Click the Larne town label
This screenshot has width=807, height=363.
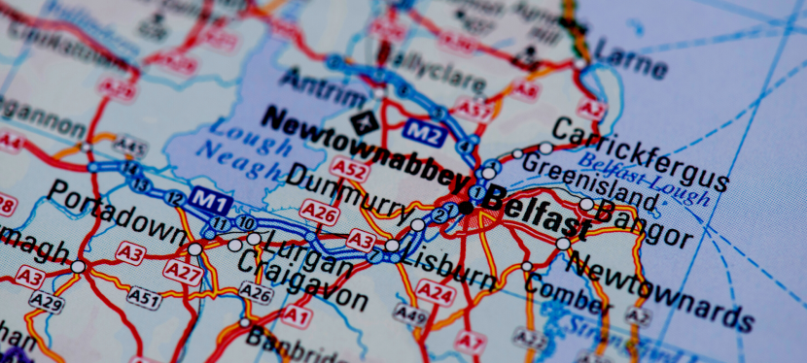(x=630, y=58)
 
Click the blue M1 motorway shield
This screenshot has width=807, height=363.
(x=209, y=198)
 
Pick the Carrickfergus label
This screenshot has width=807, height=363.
(x=639, y=154)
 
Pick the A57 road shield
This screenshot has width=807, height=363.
(x=475, y=110)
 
